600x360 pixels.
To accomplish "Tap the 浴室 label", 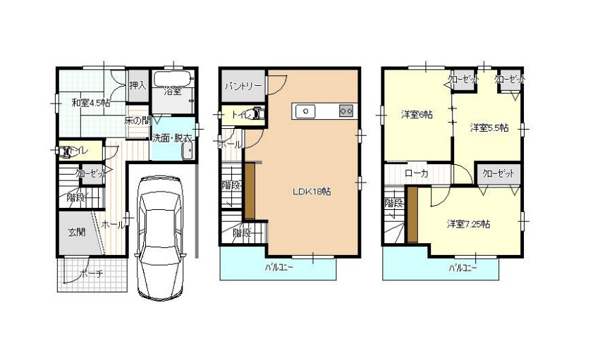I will point(172,91).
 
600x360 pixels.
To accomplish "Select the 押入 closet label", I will point(137,85).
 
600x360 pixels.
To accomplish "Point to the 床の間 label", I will point(137,120).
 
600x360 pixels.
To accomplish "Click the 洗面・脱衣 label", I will point(172,139).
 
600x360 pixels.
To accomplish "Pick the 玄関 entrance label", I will point(77,231).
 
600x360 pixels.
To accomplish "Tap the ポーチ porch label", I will point(92,274).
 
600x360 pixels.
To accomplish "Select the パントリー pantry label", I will point(243,86).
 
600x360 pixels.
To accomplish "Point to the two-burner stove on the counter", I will point(345,110).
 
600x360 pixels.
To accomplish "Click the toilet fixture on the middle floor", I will point(258,113).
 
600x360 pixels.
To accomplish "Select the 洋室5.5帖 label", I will point(489,127).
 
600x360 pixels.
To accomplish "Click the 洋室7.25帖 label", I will point(468,224).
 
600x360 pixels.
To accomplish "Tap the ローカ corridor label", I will point(417,173).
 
